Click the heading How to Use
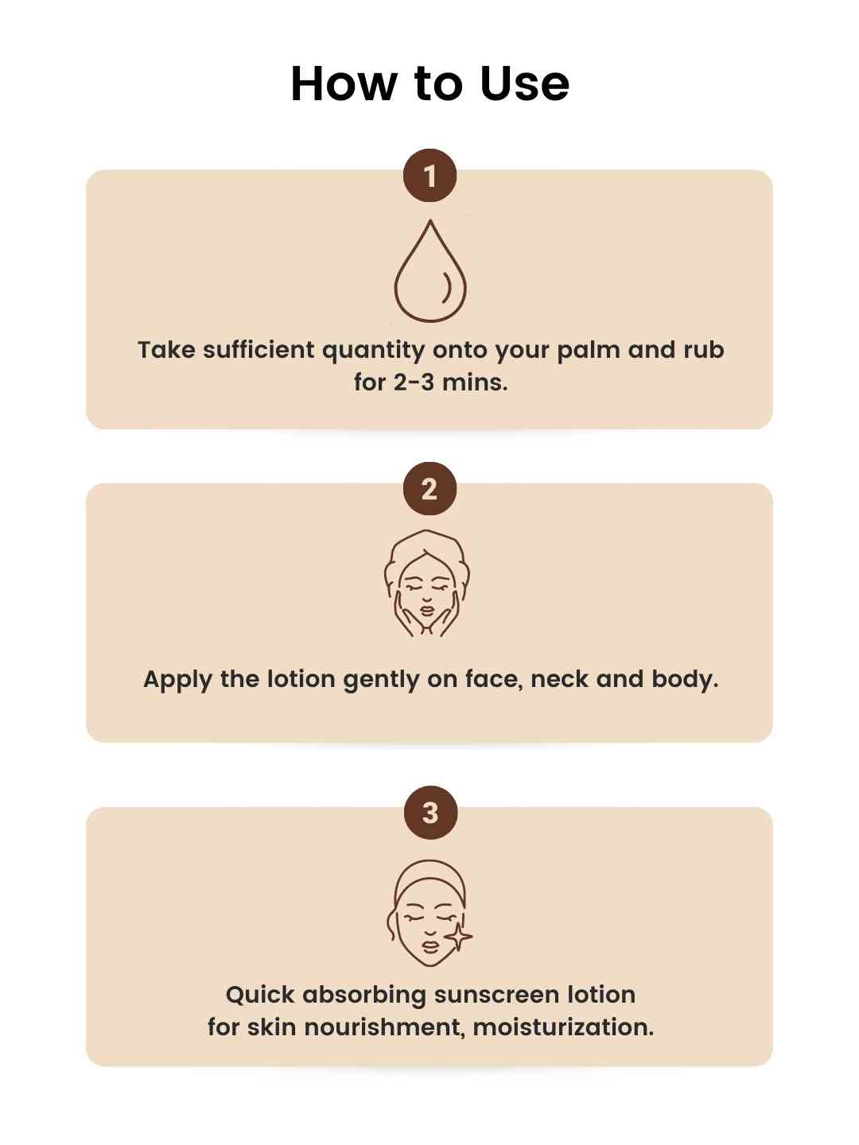[x=429, y=84]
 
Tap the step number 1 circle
[x=429, y=176]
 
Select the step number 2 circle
[x=429, y=489]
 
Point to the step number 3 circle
[x=430, y=813]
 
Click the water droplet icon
[x=429, y=270]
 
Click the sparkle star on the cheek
[x=458, y=937]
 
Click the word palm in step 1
[x=589, y=351]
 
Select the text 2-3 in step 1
[x=414, y=383]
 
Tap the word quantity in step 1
[x=374, y=351]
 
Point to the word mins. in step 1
[x=475, y=383]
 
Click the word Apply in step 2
[x=177, y=680]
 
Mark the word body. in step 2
[x=685, y=680]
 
